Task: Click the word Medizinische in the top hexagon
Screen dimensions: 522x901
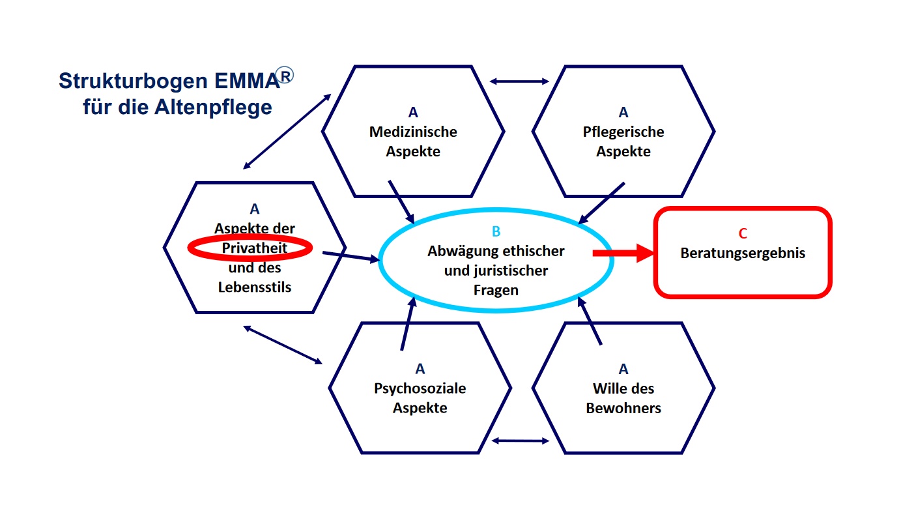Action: [x=413, y=132]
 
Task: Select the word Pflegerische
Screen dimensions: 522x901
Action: [x=623, y=132]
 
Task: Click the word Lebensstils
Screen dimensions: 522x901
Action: [x=255, y=286]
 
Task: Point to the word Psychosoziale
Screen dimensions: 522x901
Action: [x=420, y=389]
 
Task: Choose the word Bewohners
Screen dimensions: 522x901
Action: [x=623, y=409]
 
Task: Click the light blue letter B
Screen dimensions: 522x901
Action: [x=496, y=231]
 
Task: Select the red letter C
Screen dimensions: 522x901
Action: [x=743, y=235]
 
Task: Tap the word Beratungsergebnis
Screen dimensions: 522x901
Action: [x=743, y=254]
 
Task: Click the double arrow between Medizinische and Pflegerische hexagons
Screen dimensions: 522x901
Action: [x=519, y=81]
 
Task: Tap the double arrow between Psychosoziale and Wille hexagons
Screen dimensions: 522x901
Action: [x=520, y=441]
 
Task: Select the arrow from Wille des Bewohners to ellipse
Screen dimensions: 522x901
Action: [x=590, y=322]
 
